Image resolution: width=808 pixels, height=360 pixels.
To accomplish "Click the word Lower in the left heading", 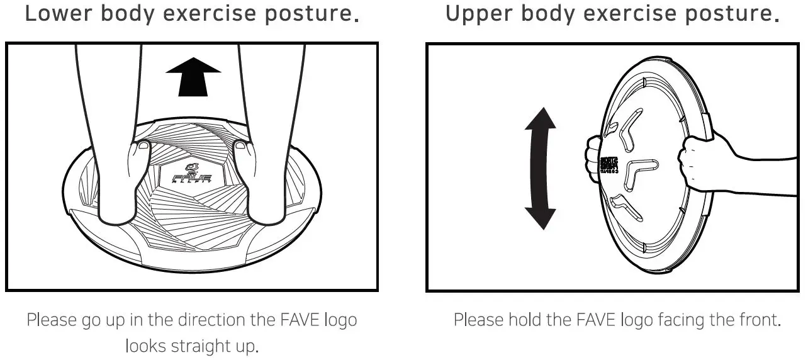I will (52, 14).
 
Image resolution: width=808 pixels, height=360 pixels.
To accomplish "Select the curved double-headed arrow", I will (541, 168).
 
